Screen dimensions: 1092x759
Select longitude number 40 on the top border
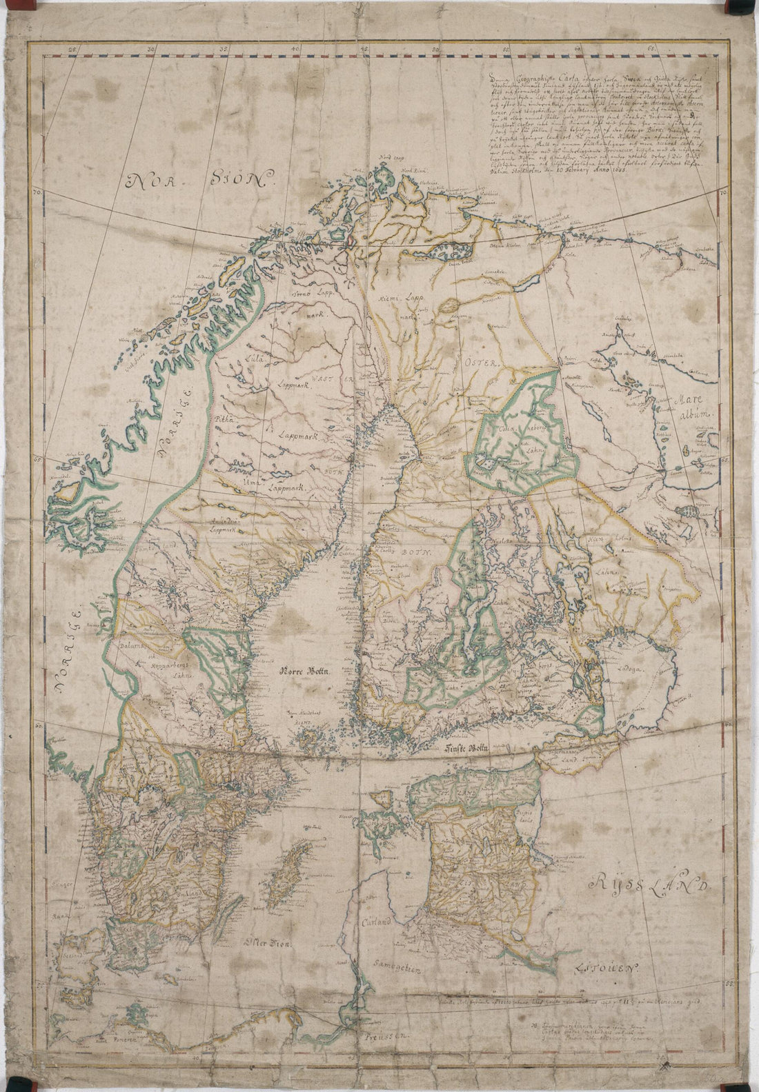point(295,49)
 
